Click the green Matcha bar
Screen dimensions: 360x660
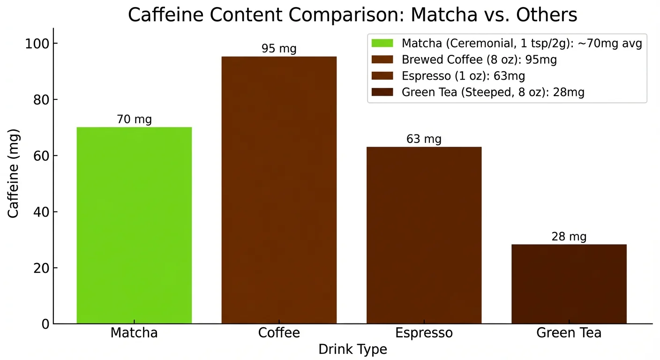134,225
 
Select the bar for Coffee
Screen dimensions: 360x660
279,190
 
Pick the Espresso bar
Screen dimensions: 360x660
424,235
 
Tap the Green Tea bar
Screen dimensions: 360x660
569,284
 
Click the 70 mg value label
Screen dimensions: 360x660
134,120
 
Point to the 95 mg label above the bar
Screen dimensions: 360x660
279,49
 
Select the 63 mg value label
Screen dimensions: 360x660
424,139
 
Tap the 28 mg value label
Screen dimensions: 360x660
569,237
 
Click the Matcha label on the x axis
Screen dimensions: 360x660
134,333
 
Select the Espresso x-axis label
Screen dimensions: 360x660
424,333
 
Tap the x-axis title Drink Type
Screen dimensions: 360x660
352,350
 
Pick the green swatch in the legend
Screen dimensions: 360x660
382,43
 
